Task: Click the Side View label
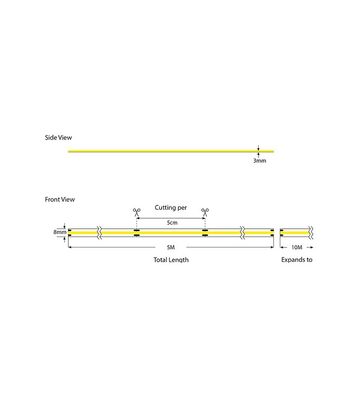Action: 59,137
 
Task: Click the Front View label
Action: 60,199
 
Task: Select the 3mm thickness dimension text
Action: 260,161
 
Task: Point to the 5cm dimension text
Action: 172,223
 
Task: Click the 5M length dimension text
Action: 171,247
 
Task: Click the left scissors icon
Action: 136,212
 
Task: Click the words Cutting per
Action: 171,208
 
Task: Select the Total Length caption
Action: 171,259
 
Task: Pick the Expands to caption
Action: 296,259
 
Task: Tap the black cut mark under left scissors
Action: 136,232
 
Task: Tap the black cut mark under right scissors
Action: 204,232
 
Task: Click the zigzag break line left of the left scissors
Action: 100,232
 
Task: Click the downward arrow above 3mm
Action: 258,147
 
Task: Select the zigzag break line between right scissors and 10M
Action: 242,232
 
